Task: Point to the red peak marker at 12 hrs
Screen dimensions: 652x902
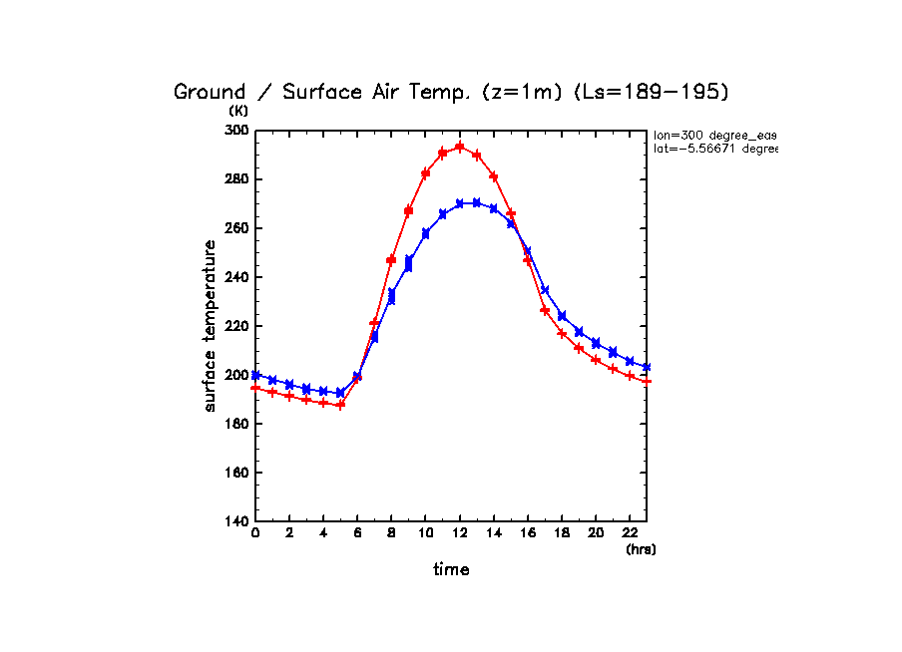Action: pos(459,147)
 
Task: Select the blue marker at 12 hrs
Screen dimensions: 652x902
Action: pos(459,203)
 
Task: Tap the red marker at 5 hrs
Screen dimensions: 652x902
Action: pos(340,405)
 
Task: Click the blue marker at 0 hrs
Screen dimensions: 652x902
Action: pos(255,375)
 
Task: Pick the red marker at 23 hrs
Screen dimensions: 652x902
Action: pos(647,381)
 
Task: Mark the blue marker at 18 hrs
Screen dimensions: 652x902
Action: pos(562,316)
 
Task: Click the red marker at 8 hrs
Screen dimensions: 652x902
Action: pos(391,260)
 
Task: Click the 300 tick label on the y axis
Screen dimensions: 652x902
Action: pos(236,131)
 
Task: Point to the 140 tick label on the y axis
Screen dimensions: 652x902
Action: pos(236,521)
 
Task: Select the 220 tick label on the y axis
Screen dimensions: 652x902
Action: pos(236,326)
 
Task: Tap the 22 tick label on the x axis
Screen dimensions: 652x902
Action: pos(630,535)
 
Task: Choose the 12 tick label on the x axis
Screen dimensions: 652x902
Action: pos(459,535)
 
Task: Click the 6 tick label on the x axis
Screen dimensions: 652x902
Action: pos(357,535)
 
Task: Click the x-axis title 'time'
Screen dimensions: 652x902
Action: pos(451,570)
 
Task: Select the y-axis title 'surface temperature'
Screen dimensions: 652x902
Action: pos(211,326)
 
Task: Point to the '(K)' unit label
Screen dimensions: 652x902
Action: pos(238,111)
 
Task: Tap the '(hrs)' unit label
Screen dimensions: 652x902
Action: pos(641,549)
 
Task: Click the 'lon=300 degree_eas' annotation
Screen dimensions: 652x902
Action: pos(714,135)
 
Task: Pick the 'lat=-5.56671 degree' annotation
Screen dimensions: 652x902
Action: pos(714,149)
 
